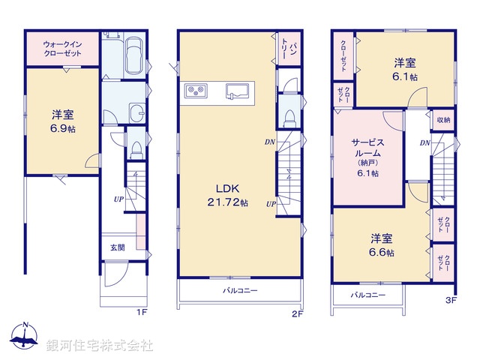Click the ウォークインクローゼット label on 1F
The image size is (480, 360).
coord(62,49)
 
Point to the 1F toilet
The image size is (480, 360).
coord(136,148)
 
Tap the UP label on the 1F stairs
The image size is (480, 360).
coord(118,199)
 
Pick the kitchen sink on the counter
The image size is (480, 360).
coord(239,91)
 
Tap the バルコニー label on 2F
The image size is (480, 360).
coord(239,289)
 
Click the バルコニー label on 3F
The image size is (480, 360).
coord(368,295)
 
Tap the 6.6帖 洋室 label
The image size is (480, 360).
coord(381,244)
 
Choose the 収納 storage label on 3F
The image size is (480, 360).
coord(443,120)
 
